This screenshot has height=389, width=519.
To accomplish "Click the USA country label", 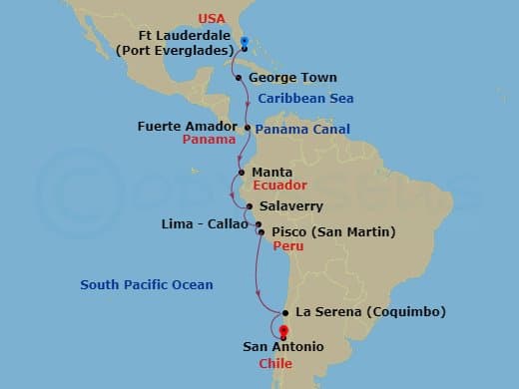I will coord(241,18).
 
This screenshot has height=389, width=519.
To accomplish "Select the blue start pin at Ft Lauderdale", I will coord(246,45).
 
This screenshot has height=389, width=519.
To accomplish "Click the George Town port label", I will coord(292,78).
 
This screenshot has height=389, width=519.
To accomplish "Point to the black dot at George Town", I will coord(238,77).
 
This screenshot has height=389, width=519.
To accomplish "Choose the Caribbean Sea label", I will coord(305,99).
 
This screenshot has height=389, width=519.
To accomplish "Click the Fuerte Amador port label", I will coord(188,127).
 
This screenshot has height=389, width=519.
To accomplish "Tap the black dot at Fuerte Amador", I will coord(248,127).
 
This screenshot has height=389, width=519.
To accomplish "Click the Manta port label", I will coord(272,172).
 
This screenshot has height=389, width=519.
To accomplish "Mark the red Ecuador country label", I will coord(278,186).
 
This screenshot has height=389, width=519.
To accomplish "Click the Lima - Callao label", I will coord(204,224).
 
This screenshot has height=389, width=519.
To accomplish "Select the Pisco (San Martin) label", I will coord(333,232).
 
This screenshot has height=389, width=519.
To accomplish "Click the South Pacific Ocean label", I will coord(147,285).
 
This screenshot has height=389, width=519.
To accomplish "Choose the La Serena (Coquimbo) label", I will coord(371,312).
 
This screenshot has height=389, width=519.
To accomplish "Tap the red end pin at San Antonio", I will coord(283,333).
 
